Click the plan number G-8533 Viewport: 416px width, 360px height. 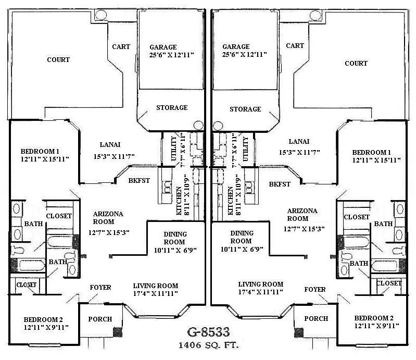[208, 332]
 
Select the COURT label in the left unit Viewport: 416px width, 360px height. [58, 59]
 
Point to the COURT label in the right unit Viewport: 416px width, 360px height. [356, 63]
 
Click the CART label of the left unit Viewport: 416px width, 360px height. [121, 46]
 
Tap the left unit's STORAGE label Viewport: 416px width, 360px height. [172, 107]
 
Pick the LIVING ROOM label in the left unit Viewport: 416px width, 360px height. [156, 285]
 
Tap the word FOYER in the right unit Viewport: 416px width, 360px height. [315, 289]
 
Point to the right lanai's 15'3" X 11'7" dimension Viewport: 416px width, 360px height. [299, 152]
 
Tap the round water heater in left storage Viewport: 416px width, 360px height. [198, 126]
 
